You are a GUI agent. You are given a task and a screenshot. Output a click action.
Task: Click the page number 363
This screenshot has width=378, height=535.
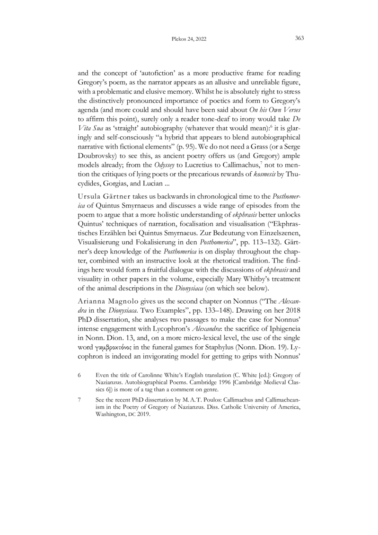click(299, 39)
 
